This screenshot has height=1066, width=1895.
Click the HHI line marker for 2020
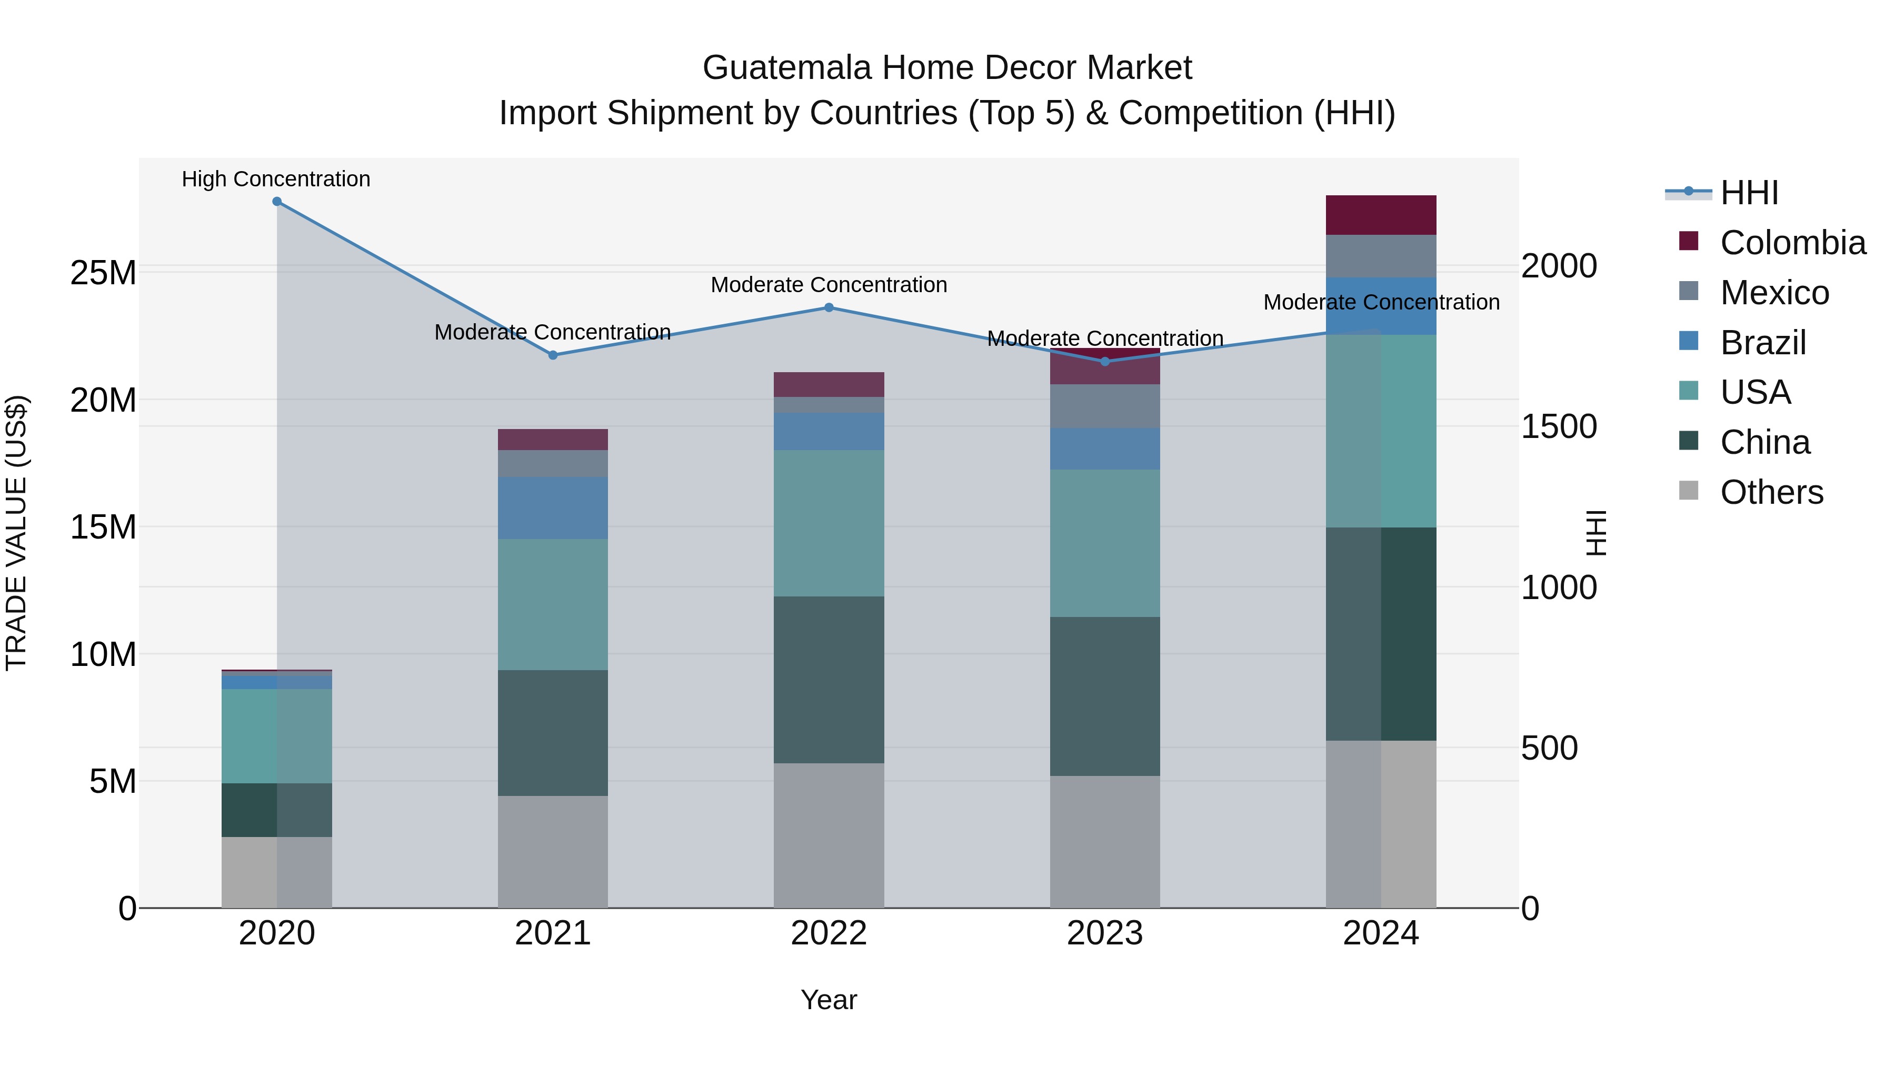(x=276, y=202)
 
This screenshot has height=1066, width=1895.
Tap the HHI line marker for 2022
(x=829, y=307)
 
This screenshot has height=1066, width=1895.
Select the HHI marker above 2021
(x=553, y=355)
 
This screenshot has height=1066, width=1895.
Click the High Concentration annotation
(x=276, y=180)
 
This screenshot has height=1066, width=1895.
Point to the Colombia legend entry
(x=1792, y=243)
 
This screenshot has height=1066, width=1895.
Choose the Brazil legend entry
(x=1762, y=343)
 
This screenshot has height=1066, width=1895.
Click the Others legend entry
(x=1771, y=492)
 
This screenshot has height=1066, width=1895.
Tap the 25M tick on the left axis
(x=103, y=273)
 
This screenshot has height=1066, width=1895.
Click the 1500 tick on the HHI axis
(x=1558, y=427)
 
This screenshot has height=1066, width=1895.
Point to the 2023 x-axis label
(x=1104, y=933)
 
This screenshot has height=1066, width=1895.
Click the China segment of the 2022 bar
(x=829, y=679)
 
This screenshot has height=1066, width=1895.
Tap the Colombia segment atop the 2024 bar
(x=1380, y=215)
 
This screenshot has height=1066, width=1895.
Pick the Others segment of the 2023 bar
(x=1104, y=842)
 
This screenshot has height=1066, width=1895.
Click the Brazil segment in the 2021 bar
(x=553, y=507)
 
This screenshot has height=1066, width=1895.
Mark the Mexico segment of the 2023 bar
(x=1104, y=406)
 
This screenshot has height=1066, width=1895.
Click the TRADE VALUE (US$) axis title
(x=16, y=533)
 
